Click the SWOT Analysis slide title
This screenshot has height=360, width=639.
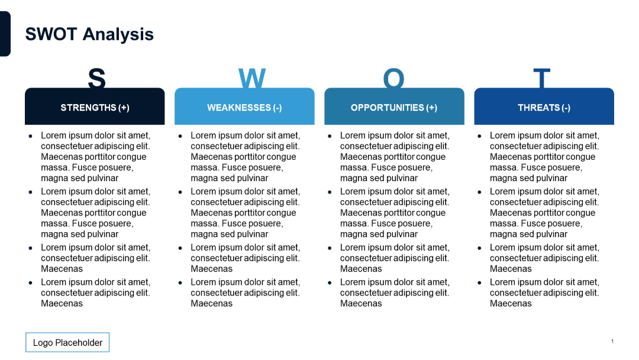(x=89, y=34)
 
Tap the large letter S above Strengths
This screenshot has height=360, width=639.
(x=96, y=78)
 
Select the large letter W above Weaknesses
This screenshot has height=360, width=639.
(x=252, y=78)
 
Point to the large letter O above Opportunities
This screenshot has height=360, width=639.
(x=393, y=78)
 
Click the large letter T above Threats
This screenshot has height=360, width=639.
(x=542, y=78)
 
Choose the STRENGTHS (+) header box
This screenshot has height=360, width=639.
(x=95, y=107)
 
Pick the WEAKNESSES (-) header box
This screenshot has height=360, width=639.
(x=244, y=107)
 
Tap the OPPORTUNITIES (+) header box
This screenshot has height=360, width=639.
(x=394, y=107)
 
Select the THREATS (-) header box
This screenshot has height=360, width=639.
(x=544, y=107)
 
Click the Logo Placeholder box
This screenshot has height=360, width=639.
(x=67, y=342)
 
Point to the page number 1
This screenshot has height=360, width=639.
(x=612, y=341)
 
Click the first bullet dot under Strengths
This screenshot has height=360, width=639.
(x=31, y=136)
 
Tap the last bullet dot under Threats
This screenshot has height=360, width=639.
(x=480, y=283)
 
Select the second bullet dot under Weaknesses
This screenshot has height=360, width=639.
(x=180, y=192)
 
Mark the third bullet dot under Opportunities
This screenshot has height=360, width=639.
(x=330, y=248)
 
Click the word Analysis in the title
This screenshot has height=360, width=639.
(x=118, y=34)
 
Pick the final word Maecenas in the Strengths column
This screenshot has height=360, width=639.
(x=62, y=304)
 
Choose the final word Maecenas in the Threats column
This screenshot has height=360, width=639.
(x=511, y=304)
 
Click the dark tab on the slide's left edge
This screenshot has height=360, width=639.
(x=5, y=34)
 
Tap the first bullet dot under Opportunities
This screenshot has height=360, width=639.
(x=330, y=136)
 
